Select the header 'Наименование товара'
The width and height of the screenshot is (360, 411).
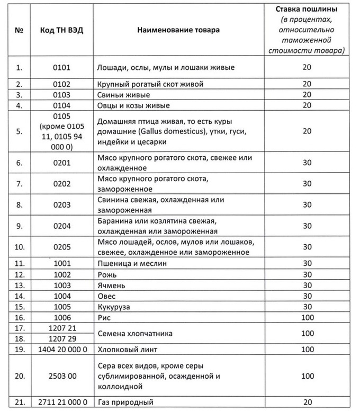[178, 30]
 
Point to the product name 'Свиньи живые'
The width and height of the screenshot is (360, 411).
[124, 95]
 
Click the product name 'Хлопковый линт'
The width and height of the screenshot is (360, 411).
[128, 350]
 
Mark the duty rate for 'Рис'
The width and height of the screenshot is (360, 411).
[307, 318]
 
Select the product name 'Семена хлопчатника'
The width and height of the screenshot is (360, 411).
[135, 334]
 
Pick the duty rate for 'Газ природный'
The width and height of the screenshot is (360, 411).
[307, 403]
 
